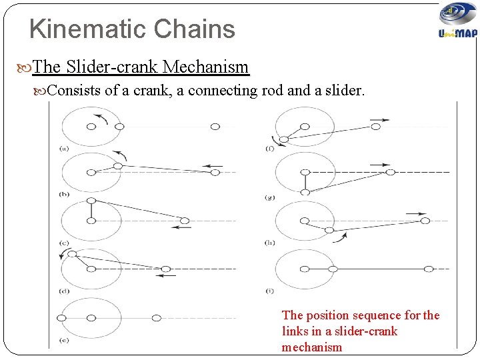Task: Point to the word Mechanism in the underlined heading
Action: pos(206,67)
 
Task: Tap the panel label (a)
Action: pos(64,148)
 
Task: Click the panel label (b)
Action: pos(64,194)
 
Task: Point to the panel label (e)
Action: pos(64,341)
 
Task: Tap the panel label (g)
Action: pos(269,197)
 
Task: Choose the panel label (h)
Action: pos(269,243)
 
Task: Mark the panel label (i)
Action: pos(269,291)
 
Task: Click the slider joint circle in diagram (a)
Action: pos(215,127)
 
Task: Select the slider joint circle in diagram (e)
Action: pos(156,318)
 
